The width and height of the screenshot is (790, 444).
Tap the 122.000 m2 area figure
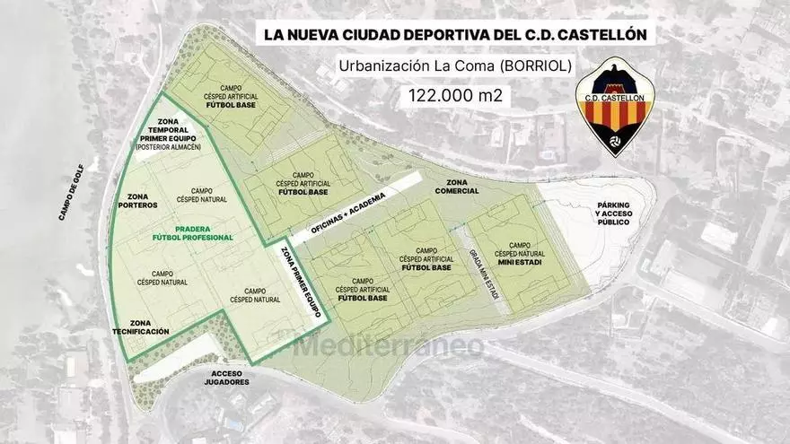[455, 95]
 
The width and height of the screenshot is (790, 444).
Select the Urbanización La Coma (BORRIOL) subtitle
[454, 65]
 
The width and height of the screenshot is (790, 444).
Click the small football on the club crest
[615, 140]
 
